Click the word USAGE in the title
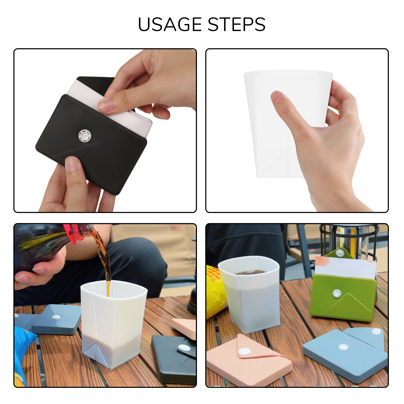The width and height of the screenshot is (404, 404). click(x=170, y=24)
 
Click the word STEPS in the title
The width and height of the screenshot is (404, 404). click(x=237, y=24)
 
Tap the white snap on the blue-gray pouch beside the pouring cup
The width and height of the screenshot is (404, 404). click(x=56, y=317)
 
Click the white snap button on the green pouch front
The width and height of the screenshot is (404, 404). click(x=337, y=293)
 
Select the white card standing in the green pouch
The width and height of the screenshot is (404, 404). click(x=345, y=268)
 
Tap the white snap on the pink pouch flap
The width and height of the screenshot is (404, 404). click(x=244, y=351)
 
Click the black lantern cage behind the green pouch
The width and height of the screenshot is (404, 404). click(x=350, y=240)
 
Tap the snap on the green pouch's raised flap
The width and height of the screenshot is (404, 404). click(x=340, y=252)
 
